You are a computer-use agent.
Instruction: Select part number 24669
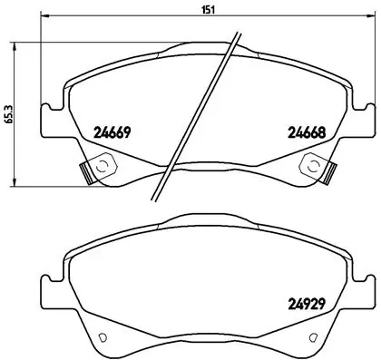click(113, 132)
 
